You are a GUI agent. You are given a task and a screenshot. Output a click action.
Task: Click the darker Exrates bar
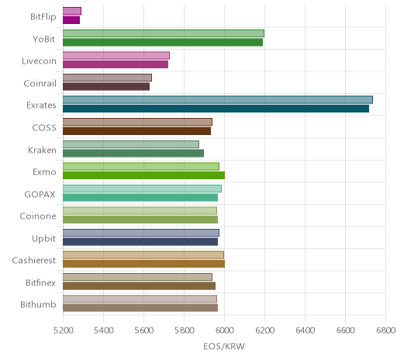[216, 109]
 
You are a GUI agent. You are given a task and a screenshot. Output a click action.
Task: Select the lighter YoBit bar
[164, 33]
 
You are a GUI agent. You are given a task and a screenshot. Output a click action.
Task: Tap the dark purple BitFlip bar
[71, 20]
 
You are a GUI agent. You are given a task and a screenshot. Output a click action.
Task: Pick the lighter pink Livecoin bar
[116, 56]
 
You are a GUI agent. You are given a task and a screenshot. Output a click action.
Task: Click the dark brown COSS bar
[136, 131]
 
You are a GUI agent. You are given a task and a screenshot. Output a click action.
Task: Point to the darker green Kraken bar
[133, 153]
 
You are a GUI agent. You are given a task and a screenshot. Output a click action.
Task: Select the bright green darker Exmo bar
[143, 175]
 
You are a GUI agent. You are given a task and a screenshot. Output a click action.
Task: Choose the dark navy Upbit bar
[140, 242]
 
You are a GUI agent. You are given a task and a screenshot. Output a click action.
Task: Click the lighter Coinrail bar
[107, 78]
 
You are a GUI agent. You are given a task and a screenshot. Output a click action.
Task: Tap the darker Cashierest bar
[143, 264]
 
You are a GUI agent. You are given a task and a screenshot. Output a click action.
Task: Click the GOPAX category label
[40, 194]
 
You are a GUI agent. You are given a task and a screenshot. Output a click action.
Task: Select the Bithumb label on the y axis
[38, 304]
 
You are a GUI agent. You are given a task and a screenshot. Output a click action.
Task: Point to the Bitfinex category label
[40, 282]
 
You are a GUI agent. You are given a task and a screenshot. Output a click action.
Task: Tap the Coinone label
[38, 216]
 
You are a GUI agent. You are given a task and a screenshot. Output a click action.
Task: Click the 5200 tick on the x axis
[63, 331]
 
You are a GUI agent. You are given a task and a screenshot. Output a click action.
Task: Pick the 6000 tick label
[224, 331]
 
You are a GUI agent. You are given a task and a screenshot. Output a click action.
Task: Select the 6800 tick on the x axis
[385, 331]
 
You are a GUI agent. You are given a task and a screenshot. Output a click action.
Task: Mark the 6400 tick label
[305, 331]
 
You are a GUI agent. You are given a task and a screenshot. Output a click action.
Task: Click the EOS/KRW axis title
[224, 346]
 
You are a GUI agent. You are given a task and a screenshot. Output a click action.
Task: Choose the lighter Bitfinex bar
[137, 277]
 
